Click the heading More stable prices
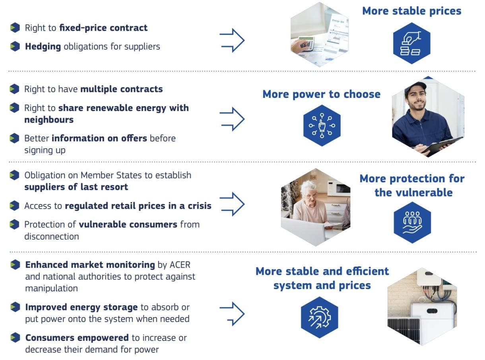point(411,11)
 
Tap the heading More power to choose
point(322,94)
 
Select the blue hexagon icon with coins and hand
point(411,43)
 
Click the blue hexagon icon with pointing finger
point(322,125)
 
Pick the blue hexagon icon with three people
point(412,222)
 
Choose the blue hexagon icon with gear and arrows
point(320,317)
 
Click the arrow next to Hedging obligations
point(232,40)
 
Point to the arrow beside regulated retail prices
point(232,204)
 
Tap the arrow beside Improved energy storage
point(232,313)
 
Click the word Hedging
point(43,47)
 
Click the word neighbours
point(49,120)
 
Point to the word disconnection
point(52,236)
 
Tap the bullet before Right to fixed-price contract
point(15,27)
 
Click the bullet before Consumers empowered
point(15,337)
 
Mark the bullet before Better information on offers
point(14,138)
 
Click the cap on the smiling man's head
point(415,86)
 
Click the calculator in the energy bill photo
point(306,45)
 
